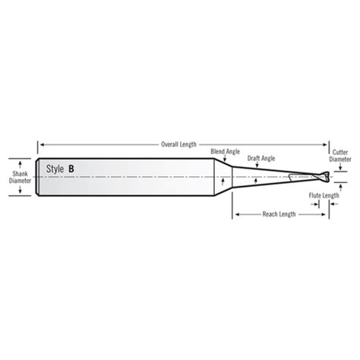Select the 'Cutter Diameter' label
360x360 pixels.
[x=341, y=156]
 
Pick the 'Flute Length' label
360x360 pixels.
[x=324, y=195]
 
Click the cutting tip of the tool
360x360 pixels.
[x=328, y=177]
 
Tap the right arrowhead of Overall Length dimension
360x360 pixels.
[x=328, y=143]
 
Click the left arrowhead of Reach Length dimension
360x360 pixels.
[x=235, y=214]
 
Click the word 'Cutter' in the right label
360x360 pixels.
[x=341, y=152]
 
